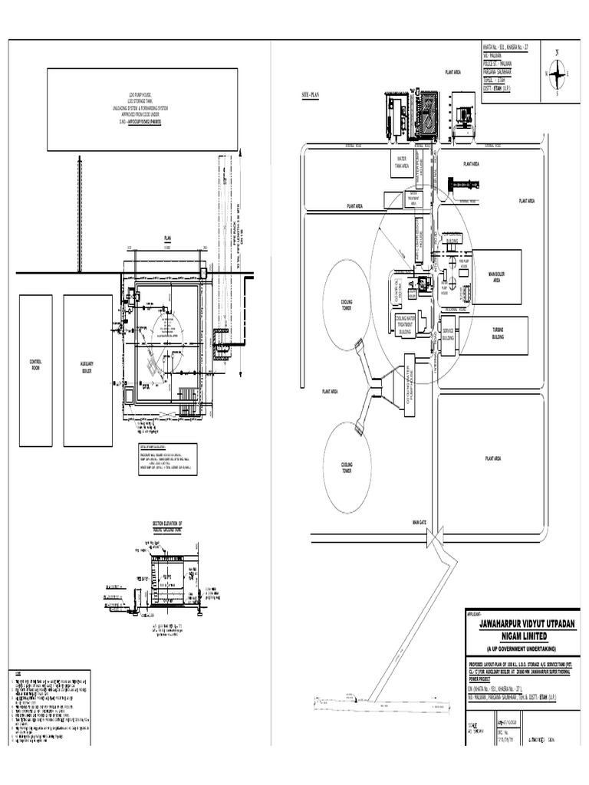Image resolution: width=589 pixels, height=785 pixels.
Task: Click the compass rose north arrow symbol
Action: pyautogui.click(x=558, y=74)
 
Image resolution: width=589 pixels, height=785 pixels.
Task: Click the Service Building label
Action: pyautogui.click(x=448, y=334)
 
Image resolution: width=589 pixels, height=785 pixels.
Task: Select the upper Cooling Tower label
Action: pyautogui.click(x=347, y=304)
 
